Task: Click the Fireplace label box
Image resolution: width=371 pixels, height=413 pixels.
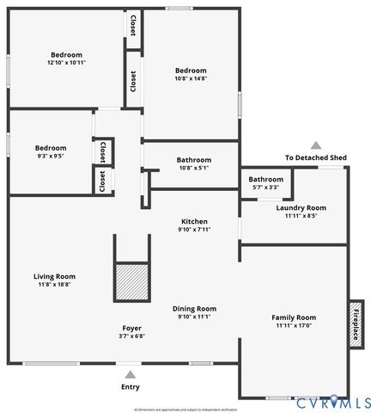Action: pyautogui.click(x=355, y=323)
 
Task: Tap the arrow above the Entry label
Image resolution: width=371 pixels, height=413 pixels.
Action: pyautogui.click(x=131, y=374)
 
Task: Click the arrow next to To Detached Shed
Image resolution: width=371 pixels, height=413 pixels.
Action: pyautogui.click(x=316, y=146)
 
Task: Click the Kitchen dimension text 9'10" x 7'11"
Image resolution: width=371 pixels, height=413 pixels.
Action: pyautogui.click(x=193, y=230)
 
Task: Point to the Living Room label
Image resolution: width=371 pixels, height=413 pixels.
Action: pyautogui.click(x=54, y=276)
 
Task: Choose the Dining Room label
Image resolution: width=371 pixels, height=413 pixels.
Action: pyautogui.click(x=195, y=308)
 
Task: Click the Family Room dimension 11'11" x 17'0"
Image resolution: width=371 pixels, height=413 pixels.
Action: pyautogui.click(x=295, y=326)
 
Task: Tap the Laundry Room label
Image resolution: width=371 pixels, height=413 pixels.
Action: pyautogui.click(x=301, y=207)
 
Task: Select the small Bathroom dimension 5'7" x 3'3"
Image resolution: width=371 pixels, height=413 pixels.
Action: pyautogui.click(x=266, y=187)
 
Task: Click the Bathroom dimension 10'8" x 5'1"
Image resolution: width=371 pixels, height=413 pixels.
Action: pyautogui.click(x=193, y=168)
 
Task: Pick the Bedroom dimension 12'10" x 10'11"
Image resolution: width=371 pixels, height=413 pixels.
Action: pyautogui.click(x=66, y=63)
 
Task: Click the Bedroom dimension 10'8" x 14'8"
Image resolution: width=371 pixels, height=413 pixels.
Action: pyautogui.click(x=191, y=79)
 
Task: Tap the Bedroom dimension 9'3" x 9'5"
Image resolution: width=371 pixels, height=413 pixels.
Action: pyautogui.click(x=51, y=157)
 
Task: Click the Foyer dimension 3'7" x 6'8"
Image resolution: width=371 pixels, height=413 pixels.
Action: pyautogui.click(x=131, y=336)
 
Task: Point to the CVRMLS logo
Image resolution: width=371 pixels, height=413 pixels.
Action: pyautogui.click(x=332, y=402)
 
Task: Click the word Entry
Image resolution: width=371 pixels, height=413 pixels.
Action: pyautogui.click(x=131, y=387)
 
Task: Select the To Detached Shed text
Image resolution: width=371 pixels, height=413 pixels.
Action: pyautogui.click(x=316, y=158)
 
